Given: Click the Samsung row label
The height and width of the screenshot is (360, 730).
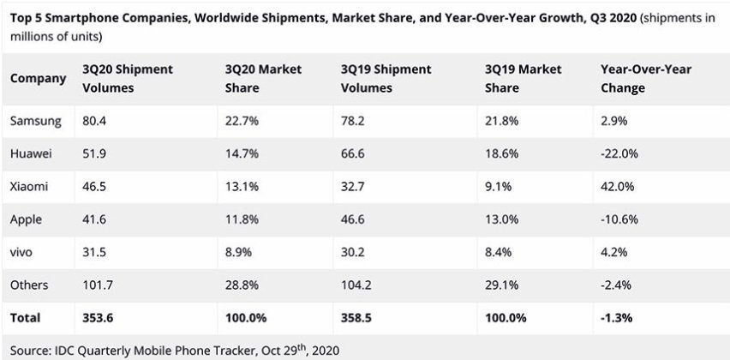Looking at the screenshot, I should coord(35,121).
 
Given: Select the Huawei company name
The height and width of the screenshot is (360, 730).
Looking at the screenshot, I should coord(33,153).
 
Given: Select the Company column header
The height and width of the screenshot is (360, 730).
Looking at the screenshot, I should coord(38,78).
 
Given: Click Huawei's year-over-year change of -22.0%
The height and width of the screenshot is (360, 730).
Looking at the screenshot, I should coord(621,153).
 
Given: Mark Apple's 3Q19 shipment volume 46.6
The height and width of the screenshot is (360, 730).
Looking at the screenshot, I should coord(357,219).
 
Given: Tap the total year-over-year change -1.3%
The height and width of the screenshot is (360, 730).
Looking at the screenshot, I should coord(619,317).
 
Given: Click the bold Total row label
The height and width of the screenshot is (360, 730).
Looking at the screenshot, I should coord(26,317).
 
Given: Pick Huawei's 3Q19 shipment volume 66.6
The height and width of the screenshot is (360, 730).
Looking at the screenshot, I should coord(357,153).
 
